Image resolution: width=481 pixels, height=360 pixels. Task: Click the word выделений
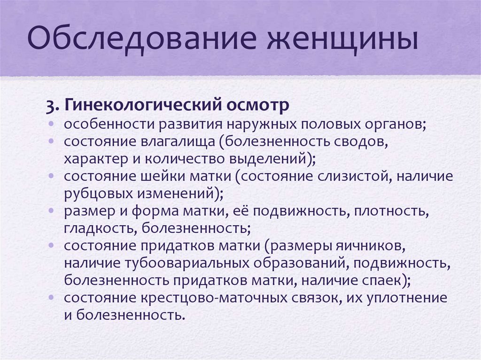[273, 159]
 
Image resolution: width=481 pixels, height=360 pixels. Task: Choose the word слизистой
[347, 176]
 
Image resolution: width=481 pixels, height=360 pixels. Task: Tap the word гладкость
[97, 228]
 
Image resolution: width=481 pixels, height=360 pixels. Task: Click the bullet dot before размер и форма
[50, 211]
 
